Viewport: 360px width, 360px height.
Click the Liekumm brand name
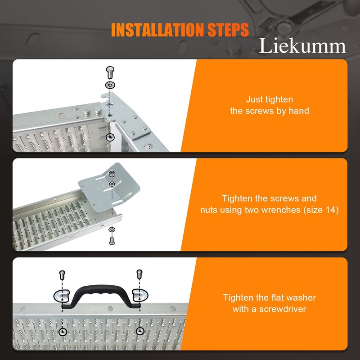(x=302, y=45)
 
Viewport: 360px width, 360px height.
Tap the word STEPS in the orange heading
(x=228, y=30)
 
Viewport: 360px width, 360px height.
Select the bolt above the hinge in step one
(x=110, y=72)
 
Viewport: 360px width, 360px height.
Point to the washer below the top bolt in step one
(x=110, y=85)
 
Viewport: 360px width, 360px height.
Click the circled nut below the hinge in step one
(x=110, y=137)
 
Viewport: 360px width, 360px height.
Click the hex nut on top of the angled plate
(x=112, y=174)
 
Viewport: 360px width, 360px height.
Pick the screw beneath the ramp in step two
(x=112, y=241)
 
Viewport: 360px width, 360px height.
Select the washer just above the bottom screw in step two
(x=112, y=229)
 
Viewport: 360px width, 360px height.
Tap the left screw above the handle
(x=62, y=275)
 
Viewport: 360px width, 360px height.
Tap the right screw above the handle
(x=139, y=274)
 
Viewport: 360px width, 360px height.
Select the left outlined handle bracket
(x=62, y=296)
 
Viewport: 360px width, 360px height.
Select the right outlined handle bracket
(x=140, y=295)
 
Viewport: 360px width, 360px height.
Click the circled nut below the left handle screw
(x=63, y=332)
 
